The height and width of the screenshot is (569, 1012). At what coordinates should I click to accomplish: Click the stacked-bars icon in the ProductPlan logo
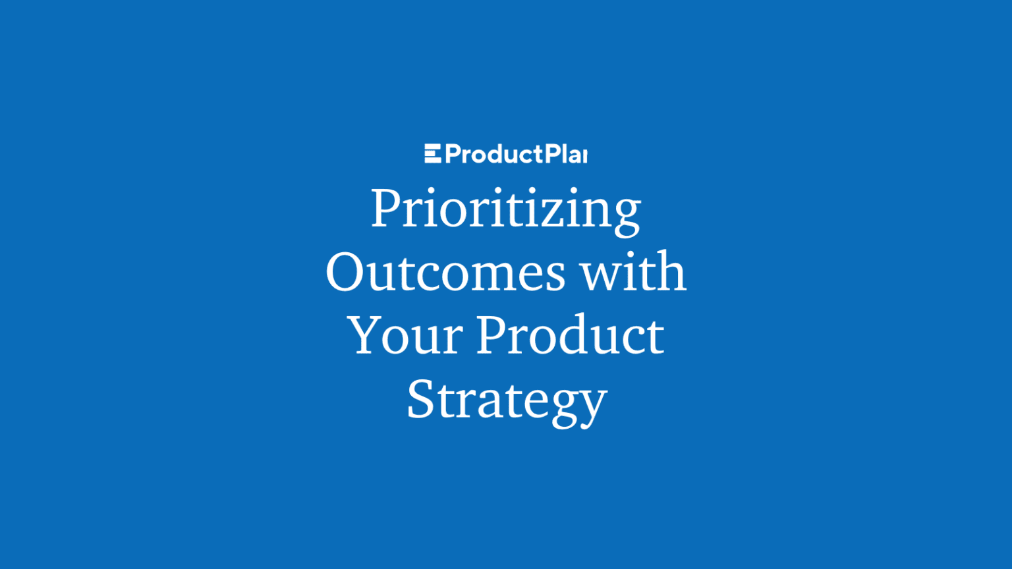pos(432,154)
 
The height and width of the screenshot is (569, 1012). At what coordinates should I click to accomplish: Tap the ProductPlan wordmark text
pos(516,155)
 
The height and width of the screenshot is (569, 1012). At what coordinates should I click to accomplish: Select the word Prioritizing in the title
pos(505,209)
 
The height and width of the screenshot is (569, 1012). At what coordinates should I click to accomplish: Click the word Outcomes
pos(445,273)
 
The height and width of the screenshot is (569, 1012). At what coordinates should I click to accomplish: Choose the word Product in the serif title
pos(570,336)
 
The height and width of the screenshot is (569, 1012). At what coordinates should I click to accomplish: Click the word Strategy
pos(507,400)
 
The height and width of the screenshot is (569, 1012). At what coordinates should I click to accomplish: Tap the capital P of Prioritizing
pos(386,208)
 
